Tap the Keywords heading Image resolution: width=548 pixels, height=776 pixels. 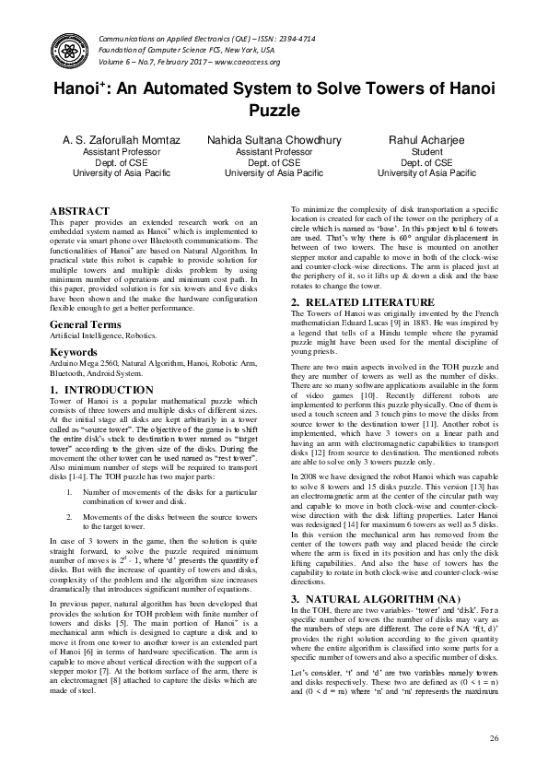pos(74,353)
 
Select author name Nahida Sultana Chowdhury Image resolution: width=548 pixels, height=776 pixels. pos(274,140)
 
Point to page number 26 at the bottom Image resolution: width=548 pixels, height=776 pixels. pos(494,738)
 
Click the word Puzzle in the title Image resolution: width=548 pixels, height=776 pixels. pos(274,112)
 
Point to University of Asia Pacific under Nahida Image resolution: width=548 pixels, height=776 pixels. pos(274,172)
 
